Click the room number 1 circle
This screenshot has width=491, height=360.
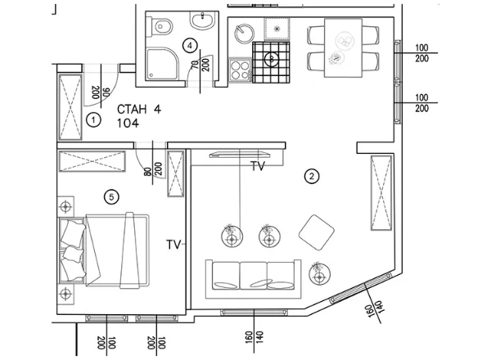93,119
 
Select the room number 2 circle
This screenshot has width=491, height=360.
311,175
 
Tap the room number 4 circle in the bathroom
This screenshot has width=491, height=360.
190,46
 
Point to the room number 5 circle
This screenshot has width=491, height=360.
112,196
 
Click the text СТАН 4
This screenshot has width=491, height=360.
135,109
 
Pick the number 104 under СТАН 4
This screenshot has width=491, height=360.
128,124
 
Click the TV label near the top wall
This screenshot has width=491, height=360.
258,166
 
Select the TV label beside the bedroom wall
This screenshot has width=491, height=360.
173,245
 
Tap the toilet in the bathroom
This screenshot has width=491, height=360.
160,27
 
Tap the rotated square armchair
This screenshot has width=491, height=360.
318,232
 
